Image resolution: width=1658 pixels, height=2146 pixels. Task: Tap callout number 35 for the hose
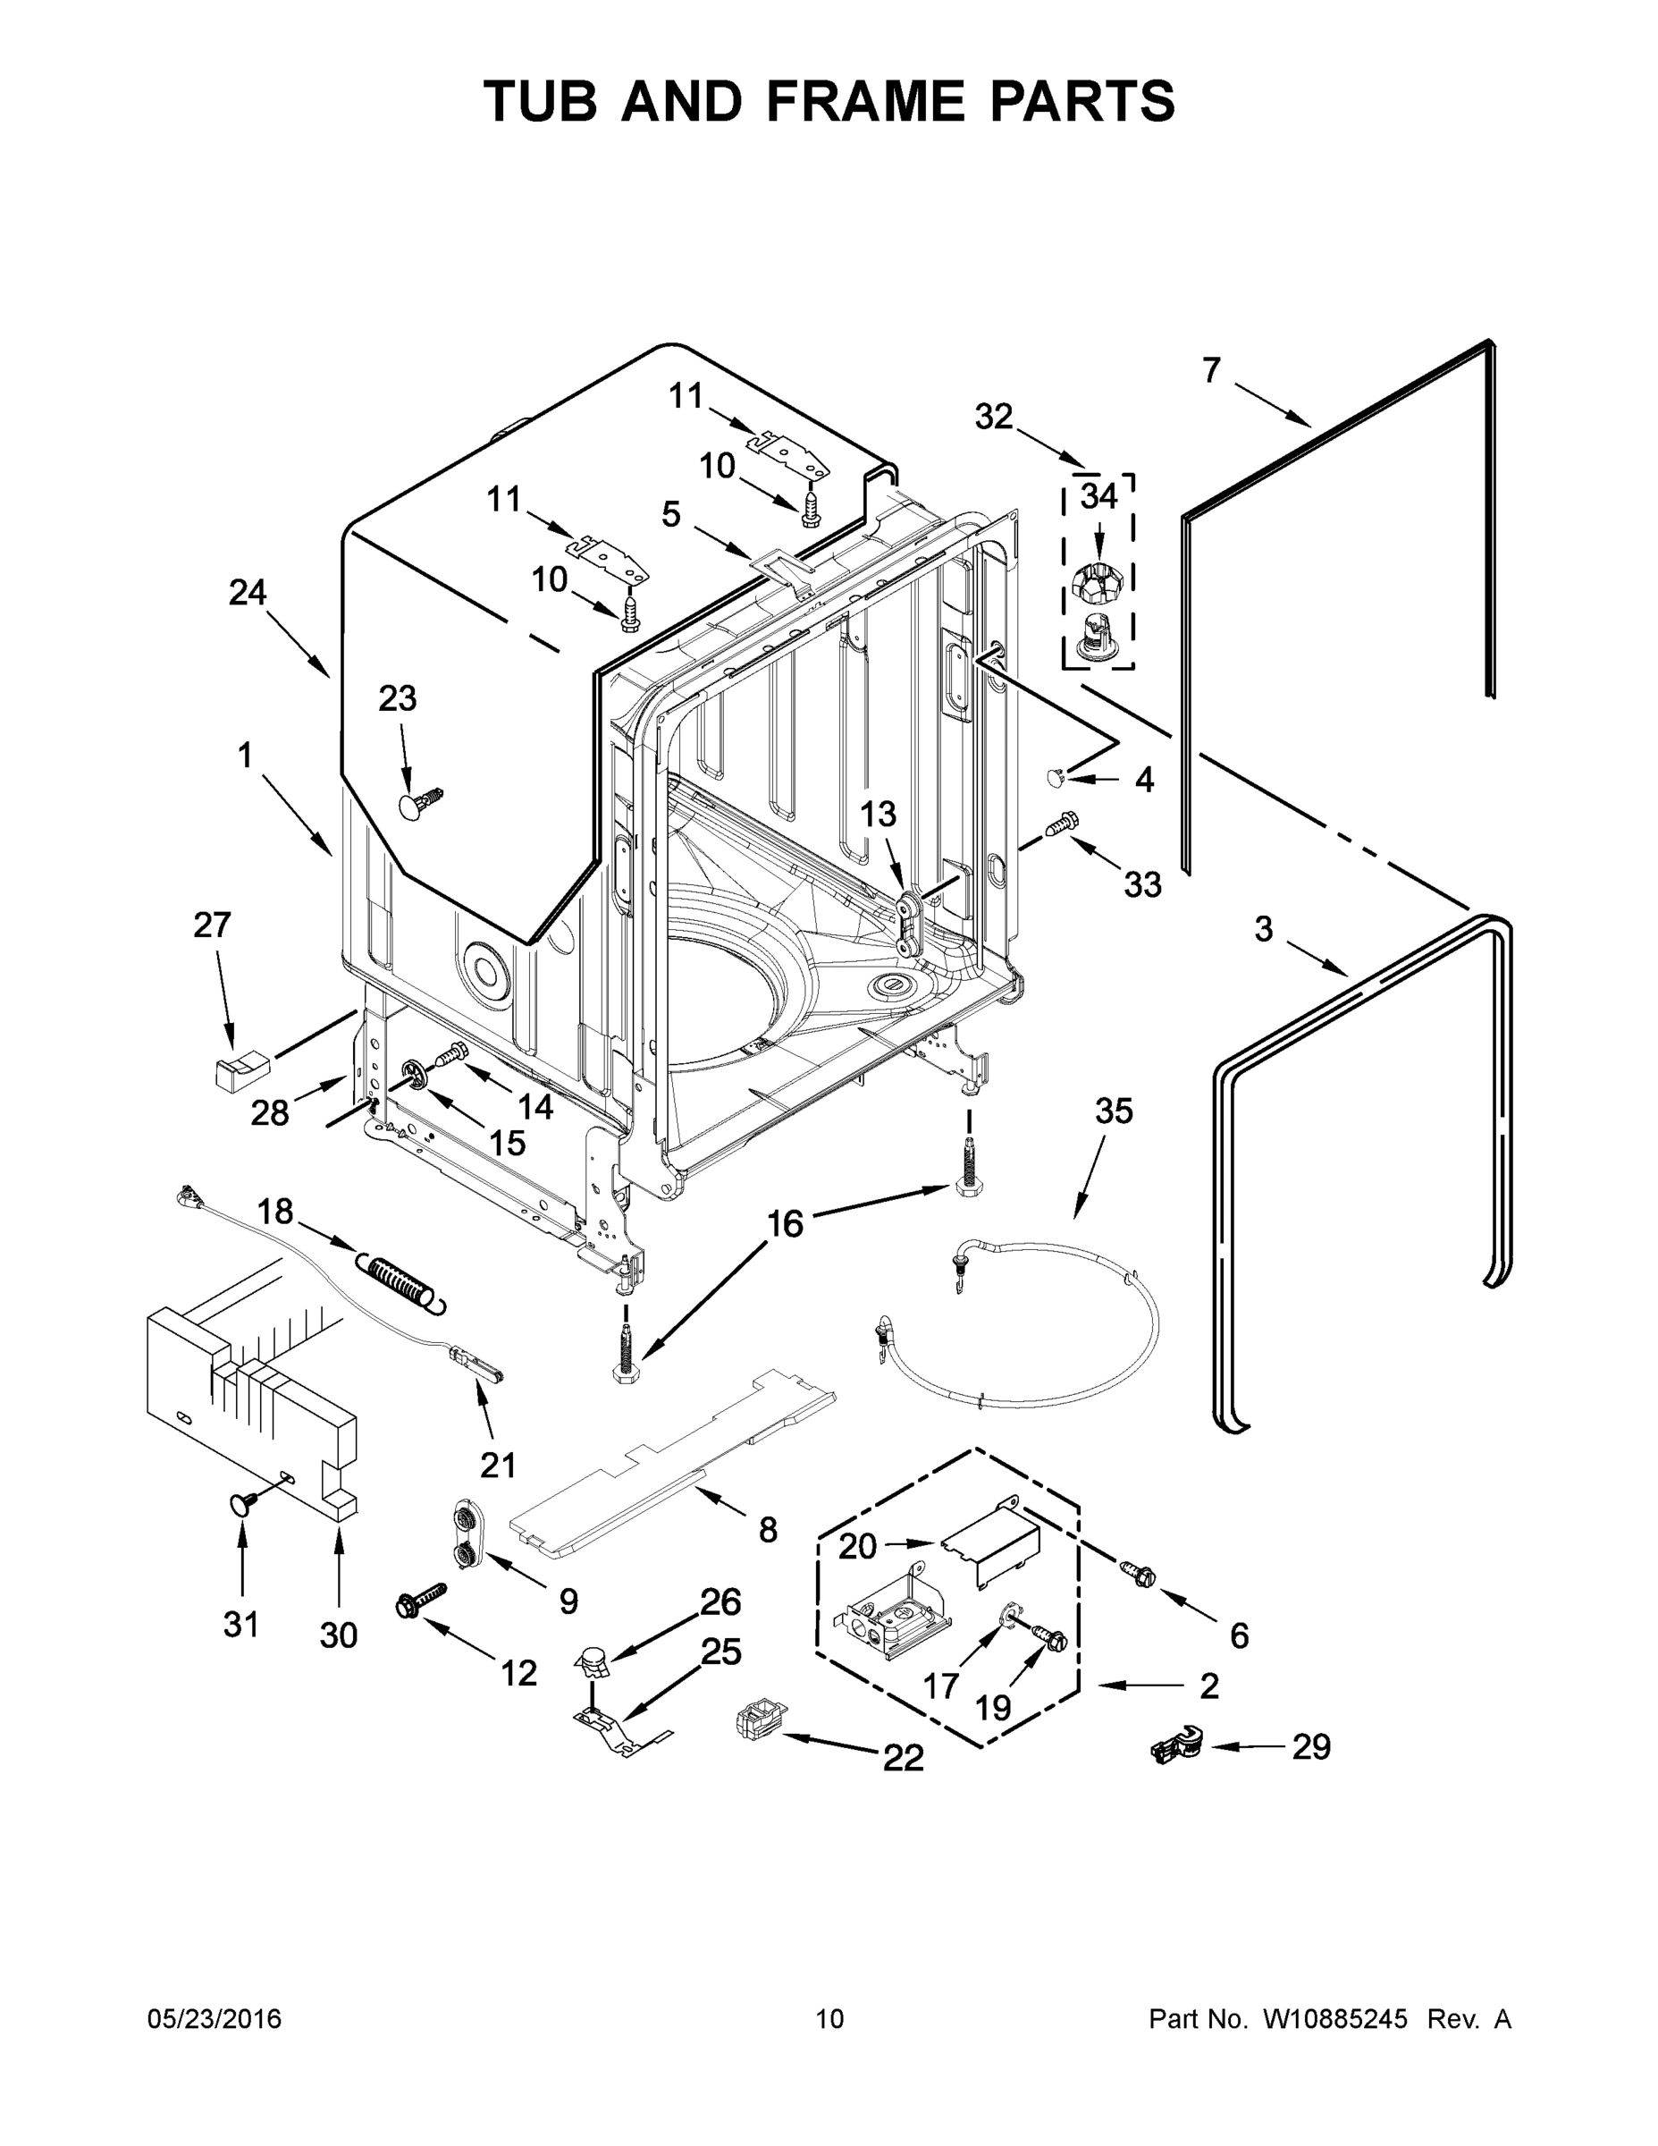tap(1114, 1111)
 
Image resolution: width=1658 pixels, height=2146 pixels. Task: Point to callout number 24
tap(248, 593)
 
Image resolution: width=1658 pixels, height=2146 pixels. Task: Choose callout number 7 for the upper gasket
tap(1211, 370)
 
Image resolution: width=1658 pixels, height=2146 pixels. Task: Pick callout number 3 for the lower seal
tap(1263, 928)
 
